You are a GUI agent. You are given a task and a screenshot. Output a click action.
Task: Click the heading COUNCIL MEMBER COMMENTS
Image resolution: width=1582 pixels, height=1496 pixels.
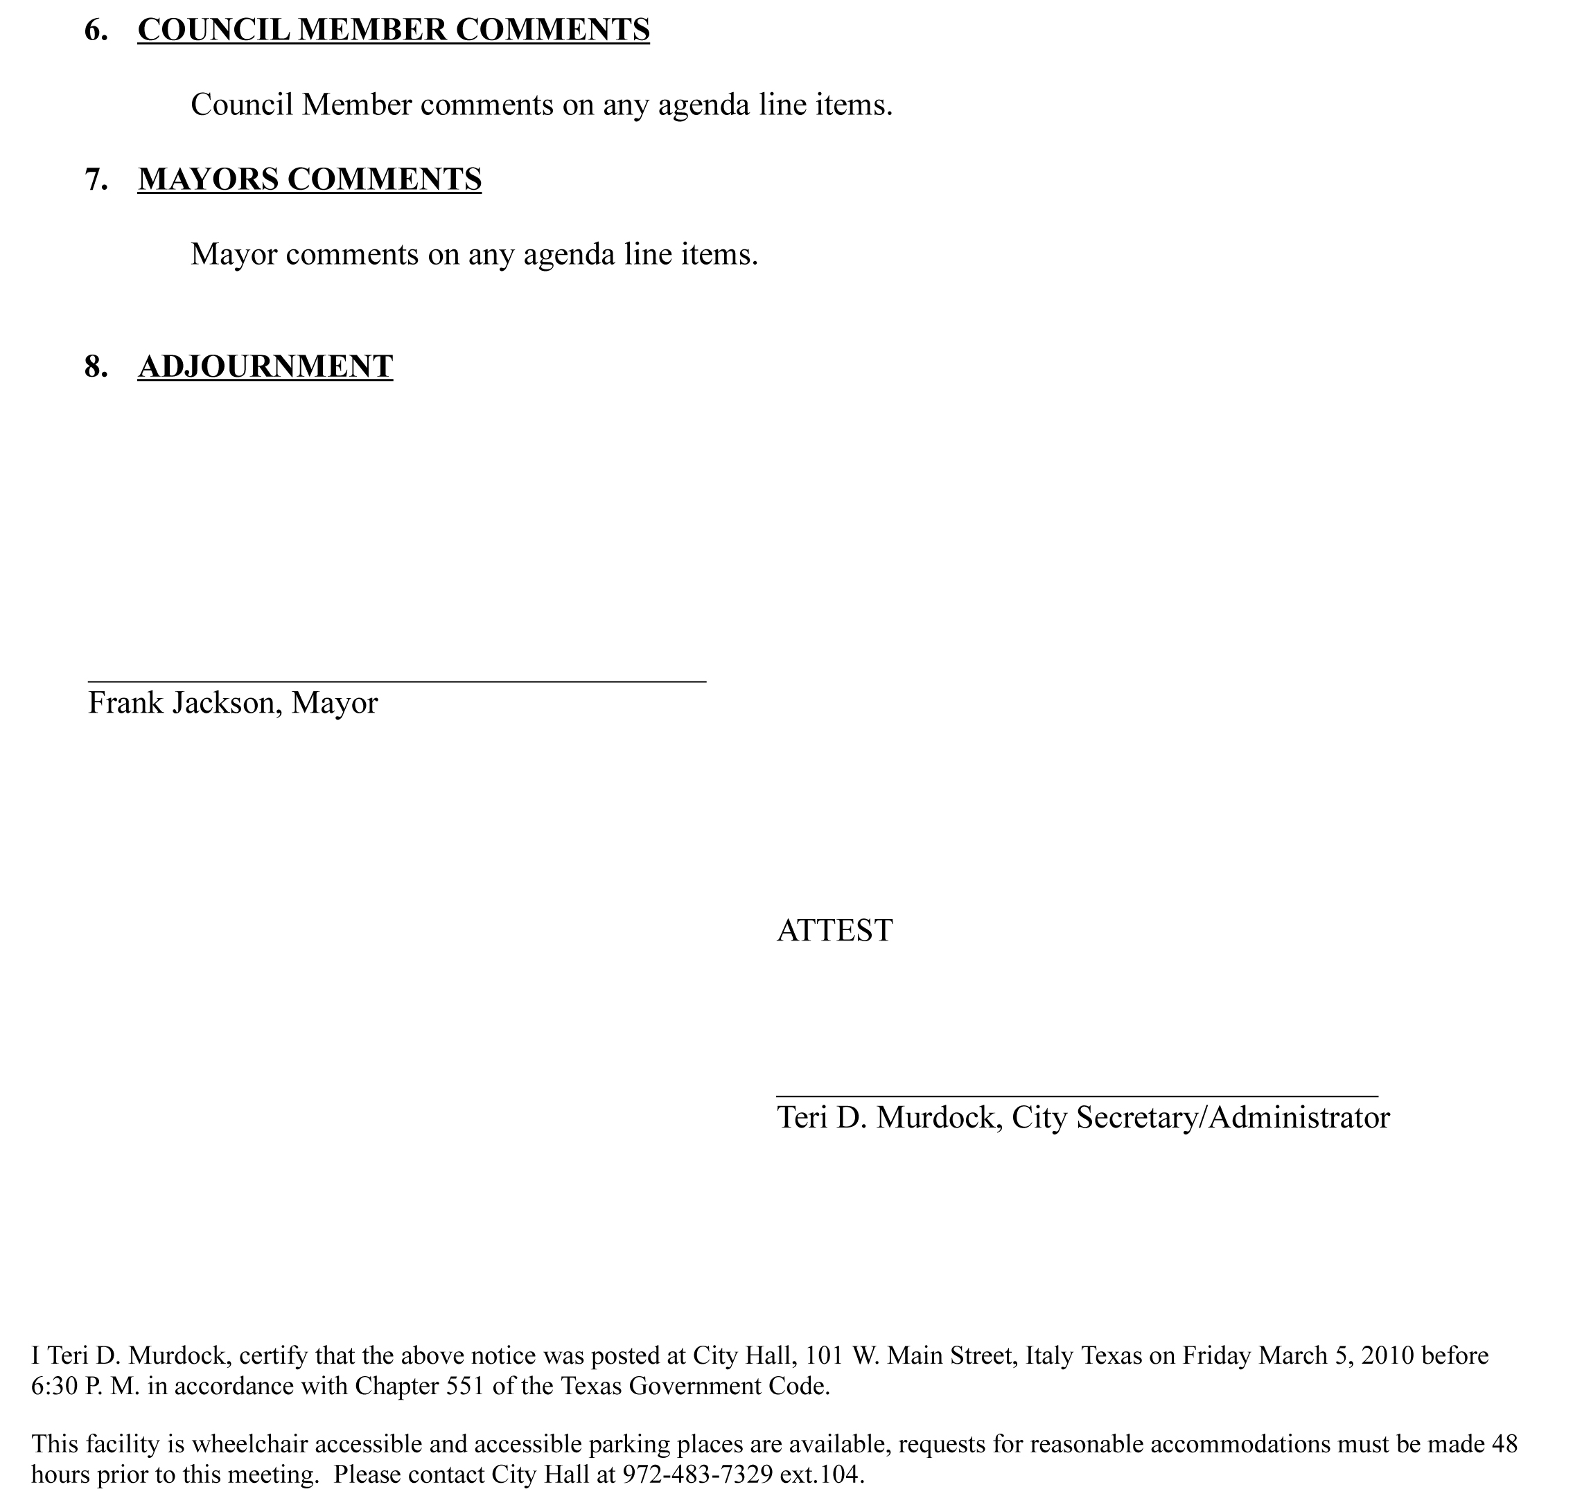point(394,30)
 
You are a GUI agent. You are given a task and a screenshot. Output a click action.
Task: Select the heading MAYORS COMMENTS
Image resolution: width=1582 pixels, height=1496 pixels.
point(310,179)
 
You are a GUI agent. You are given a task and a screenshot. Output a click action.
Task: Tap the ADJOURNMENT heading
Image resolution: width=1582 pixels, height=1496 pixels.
point(265,367)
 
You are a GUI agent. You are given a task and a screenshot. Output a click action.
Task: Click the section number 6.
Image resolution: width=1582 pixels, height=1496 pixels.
point(96,30)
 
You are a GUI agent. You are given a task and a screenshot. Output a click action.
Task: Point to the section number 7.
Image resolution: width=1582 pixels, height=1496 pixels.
point(96,179)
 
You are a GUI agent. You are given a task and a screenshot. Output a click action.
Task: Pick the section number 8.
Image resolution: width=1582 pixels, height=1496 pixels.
point(96,367)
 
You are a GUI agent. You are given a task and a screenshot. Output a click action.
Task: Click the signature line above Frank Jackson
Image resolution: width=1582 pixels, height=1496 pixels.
point(396,681)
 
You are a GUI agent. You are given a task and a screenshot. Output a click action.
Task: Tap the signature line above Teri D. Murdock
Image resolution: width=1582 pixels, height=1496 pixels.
point(1077,1097)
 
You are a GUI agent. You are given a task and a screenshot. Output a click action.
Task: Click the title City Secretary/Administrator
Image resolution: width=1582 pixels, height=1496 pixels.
point(1200,1118)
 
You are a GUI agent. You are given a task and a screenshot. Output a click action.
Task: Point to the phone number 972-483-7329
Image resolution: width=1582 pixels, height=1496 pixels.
point(697,1475)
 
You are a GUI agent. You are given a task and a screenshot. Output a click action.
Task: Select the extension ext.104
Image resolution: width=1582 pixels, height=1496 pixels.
point(822,1475)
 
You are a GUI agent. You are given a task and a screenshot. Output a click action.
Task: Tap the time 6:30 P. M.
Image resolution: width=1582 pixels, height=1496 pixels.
point(85,1386)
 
